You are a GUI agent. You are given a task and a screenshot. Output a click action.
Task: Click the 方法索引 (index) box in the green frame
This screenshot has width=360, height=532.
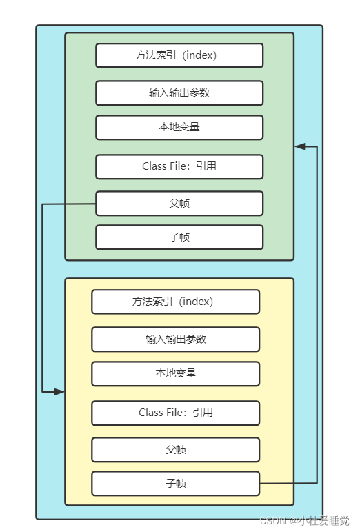179,55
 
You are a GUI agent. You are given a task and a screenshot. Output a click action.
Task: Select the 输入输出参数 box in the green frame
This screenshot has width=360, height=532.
179,92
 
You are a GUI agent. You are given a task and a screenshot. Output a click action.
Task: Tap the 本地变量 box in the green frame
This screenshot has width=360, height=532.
179,127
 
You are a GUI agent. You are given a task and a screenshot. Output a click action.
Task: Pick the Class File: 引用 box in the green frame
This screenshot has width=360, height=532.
179,166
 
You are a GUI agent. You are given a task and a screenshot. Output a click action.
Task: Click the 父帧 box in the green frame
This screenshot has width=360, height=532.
179,203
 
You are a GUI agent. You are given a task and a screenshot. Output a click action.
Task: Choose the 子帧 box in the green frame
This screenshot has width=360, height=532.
179,237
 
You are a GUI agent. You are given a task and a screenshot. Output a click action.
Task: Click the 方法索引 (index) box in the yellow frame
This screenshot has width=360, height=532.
175,302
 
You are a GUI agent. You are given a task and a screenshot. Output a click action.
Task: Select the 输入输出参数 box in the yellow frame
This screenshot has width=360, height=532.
175,339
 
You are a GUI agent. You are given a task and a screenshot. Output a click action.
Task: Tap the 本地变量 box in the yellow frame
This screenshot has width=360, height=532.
175,373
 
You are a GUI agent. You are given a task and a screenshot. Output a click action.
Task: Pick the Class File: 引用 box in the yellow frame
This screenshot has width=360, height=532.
175,413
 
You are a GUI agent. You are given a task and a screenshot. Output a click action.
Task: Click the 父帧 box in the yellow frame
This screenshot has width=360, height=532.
175,449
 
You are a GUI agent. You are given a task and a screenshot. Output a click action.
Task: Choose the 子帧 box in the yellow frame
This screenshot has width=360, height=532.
175,483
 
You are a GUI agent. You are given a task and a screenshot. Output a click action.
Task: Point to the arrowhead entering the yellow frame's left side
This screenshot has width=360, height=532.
59,391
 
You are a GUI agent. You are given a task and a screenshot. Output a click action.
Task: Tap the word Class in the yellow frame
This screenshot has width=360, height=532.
151,413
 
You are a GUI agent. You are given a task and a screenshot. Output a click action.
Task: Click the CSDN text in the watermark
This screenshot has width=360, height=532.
273,522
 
